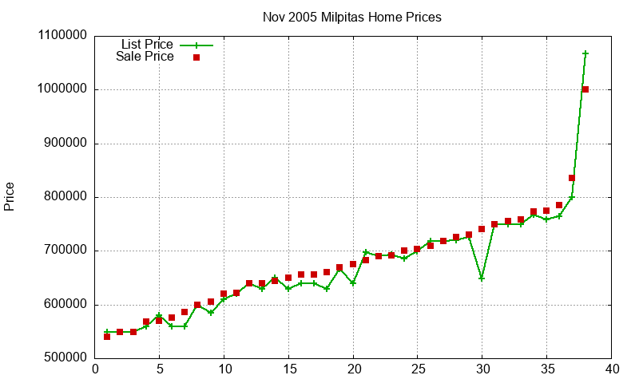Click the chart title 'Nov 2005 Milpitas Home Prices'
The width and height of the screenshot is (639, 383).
click(x=351, y=17)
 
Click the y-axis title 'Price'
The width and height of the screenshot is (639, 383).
click(x=10, y=196)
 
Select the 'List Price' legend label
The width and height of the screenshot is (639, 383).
click(x=147, y=45)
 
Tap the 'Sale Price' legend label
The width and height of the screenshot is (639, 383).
click(x=145, y=57)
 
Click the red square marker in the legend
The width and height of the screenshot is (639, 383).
click(x=196, y=57)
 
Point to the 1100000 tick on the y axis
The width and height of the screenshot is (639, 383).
click(x=62, y=36)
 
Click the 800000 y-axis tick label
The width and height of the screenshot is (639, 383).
click(x=65, y=197)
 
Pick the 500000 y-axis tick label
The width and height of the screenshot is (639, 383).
click(x=65, y=358)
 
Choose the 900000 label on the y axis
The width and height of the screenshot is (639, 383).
click(x=65, y=144)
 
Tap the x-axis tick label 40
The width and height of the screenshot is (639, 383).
click(x=611, y=369)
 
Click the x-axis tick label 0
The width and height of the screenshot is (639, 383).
click(x=95, y=369)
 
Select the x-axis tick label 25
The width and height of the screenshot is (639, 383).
click(x=418, y=369)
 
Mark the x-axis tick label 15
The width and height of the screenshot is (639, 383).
click(x=288, y=369)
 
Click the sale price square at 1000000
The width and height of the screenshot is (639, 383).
click(x=585, y=89)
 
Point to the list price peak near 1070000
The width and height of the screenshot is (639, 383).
click(x=585, y=53)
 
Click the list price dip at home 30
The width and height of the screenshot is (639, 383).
click(x=482, y=278)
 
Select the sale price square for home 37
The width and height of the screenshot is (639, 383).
click(x=572, y=178)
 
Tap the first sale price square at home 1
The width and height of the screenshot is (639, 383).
click(x=107, y=337)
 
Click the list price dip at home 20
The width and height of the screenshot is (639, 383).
click(x=353, y=283)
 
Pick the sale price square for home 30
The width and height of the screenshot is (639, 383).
click(x=482, y=229)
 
